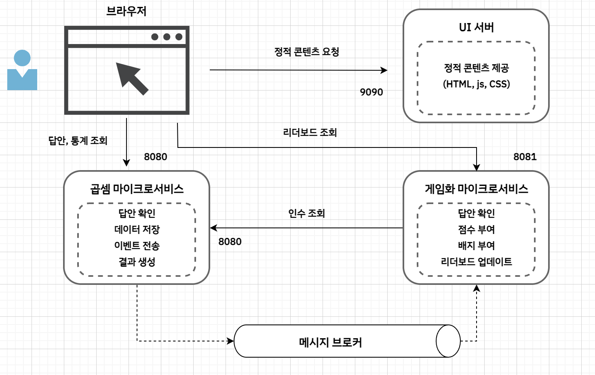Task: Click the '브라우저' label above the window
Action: coord(126,11)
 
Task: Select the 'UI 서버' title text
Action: coord(476,27)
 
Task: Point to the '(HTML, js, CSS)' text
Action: coord(476,84)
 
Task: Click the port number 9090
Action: coord(371,92)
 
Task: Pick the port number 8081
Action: coord(525,157)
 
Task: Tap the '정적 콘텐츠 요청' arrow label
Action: coord(306,52)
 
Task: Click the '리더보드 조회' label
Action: coord(310,133)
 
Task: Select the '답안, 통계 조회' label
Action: coord(78,141)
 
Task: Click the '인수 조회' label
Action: coord(306,213)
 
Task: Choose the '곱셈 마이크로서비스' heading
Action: coord(137,189)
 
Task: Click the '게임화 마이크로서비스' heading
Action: coord(476,189)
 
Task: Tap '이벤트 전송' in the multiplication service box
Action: coord(137,246)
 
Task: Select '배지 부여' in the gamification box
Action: coord(476,246)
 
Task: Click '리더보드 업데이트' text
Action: coord(476,262)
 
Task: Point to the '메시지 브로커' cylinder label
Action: coord(330,343)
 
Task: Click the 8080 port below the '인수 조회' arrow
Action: coord(230,242)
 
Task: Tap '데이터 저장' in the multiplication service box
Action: coord(137,230)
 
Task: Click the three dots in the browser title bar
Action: coord(167,37)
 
